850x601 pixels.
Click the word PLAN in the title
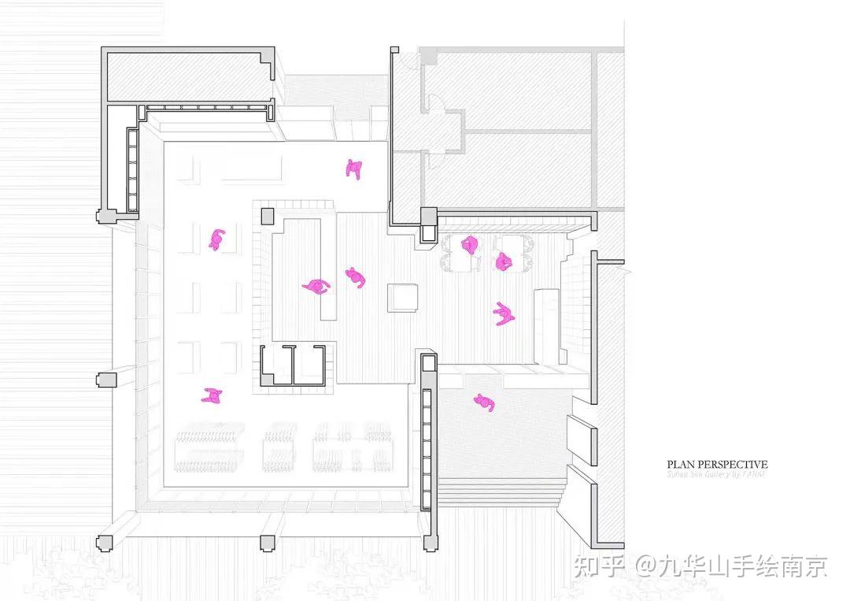(x=682, y=465)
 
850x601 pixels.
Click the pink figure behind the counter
(x=316, y=286)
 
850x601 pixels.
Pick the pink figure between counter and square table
(x=356, y=276)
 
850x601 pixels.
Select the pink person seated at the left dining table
(x=470, y=245)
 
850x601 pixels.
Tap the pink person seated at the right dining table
(x=504, y=262)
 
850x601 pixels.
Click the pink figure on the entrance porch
(x=485, y=403)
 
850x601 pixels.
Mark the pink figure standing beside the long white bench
(x=504, y=313)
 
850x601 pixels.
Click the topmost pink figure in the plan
(x=354, y=169)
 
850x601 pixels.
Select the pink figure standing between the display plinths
(x=216, y=239)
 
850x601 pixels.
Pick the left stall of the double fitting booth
(x=275, y=365)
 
